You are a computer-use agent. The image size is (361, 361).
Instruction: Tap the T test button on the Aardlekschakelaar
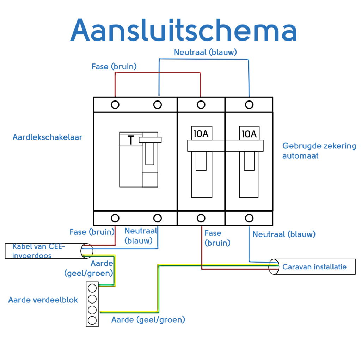tap(131, 140)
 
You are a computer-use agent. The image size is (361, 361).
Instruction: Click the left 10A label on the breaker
tap(201, 134)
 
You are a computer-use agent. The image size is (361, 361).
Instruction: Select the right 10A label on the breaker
tap(249, 134)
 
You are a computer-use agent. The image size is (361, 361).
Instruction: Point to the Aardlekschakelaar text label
tap(47, 137)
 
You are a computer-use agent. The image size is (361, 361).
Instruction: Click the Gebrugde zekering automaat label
tap(319, 151)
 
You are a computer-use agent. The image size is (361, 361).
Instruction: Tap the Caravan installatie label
tap(314, 267)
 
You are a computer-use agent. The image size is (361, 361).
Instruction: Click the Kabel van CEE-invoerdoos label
tap(39, 251)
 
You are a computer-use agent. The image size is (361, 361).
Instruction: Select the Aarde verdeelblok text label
tap(43, 300)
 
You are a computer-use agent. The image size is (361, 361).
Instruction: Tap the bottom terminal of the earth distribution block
tap(92, 320)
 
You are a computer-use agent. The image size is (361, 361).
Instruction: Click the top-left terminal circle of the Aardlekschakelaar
tap(115, 105)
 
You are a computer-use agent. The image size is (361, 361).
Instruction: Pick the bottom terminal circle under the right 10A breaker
tap(249, 218)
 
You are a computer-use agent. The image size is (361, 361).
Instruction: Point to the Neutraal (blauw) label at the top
tap(205, 52)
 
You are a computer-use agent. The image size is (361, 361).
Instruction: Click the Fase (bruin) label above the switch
tap(114, 66)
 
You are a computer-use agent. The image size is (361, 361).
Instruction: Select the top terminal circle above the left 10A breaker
tap(201, 105)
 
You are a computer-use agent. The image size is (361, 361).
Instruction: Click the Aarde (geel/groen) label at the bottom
tap(148, 320)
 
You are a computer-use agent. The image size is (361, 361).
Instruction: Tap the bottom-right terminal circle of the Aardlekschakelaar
tap(158, 218)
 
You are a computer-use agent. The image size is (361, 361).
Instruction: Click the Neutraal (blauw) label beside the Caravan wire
tap(284, 234)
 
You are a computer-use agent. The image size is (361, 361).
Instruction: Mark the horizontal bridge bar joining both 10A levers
tap(225, 146)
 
